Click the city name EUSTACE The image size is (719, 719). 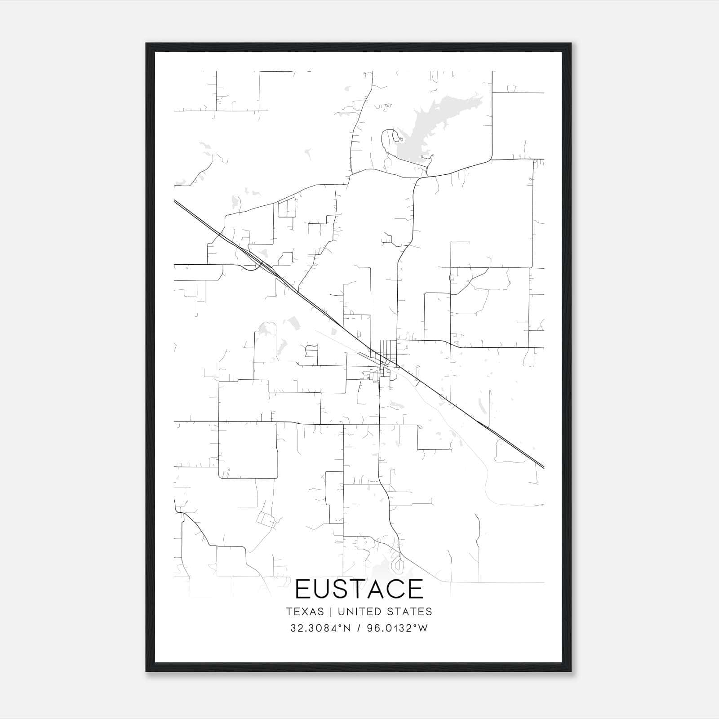pos(359,589)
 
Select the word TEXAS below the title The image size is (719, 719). pos(305,612)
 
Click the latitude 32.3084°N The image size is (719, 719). pos(320,628)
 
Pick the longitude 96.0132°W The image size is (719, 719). pos(398,628)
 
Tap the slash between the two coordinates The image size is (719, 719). pos(359,628)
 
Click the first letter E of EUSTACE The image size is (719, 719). pos(303,589)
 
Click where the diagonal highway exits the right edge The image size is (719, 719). pos(543,467)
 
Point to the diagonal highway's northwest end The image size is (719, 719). pos(175,201)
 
